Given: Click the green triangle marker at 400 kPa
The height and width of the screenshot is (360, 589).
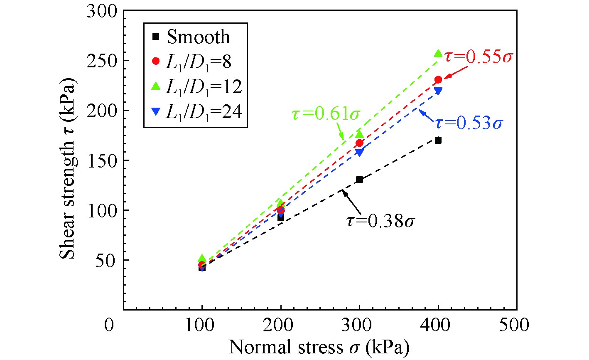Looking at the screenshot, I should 438,53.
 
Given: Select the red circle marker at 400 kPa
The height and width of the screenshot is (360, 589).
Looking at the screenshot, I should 438,79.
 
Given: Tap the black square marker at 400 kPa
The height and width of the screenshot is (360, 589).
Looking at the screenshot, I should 438,141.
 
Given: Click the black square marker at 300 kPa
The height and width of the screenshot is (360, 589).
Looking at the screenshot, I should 359,180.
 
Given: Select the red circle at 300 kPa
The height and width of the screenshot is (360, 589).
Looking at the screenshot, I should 359,143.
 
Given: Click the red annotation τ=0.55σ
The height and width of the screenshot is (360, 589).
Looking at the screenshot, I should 476,57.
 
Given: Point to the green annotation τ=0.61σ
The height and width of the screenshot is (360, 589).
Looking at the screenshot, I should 325,114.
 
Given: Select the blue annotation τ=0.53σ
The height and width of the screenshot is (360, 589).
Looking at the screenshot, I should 469,123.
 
